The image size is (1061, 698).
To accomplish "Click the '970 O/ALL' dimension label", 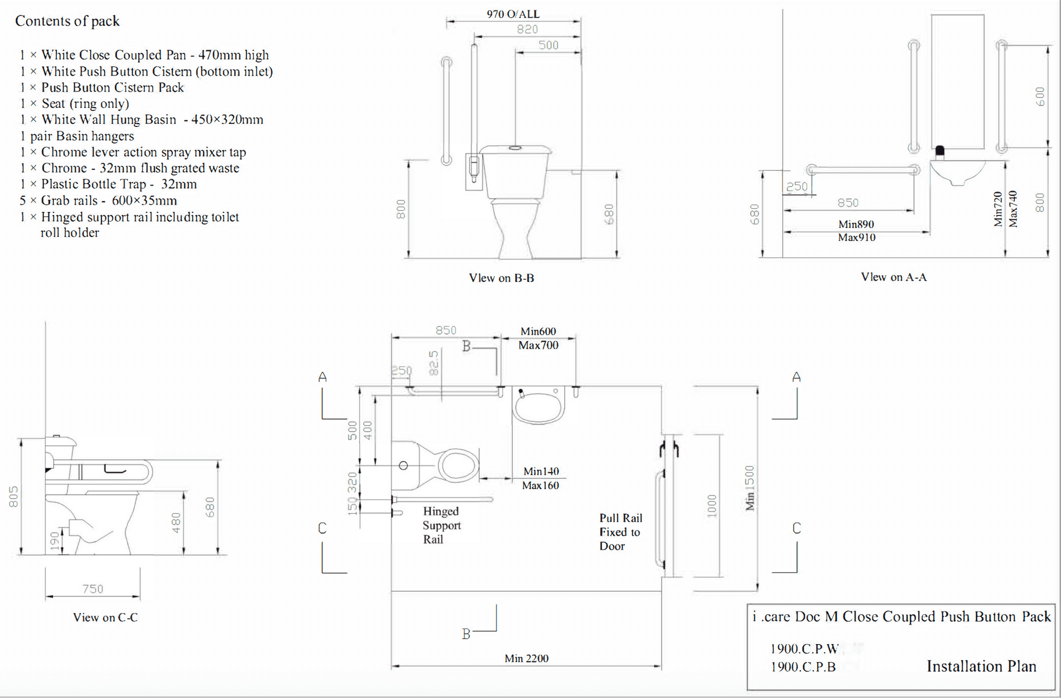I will click(x=513, y=14).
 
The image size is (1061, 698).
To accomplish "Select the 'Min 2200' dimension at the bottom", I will click(x=526, y=658).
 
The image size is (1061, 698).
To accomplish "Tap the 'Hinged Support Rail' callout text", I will click(x=441, y=525).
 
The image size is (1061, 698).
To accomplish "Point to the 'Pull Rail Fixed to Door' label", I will click(x=620, y=532).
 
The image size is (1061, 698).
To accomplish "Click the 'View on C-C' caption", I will click(x=105, y=617).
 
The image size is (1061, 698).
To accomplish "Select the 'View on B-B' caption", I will click(x=501, y=278).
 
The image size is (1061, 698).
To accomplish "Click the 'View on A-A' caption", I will click(x=894, y=277).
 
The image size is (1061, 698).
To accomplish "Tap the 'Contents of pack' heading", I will click(x=67, y=21).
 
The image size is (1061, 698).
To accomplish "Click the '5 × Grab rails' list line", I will click(x=98, y=201).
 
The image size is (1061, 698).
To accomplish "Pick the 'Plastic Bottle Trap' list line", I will click(x=109, y=184).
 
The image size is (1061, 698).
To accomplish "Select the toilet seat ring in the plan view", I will click(x=458, y=464).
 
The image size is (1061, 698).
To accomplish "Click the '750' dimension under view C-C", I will click(x=93, y=589).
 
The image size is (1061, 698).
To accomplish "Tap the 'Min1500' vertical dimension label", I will click(x=750, y=488).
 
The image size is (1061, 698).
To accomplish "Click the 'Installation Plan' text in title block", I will click(x=981, y=666).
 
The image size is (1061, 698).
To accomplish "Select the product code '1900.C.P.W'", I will click(x=804, y=649).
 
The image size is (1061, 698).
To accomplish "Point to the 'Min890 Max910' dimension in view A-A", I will click(x=856, y=231).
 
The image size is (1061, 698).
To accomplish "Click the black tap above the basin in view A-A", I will click(x=940, y=152).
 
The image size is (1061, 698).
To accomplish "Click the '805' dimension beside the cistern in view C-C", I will click(x=13, y=496).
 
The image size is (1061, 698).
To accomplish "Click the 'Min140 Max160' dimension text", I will click(x=540, y=478).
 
